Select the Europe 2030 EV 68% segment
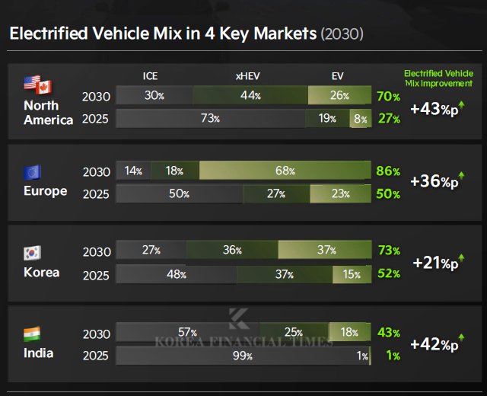pos(285,171)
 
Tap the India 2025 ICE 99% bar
pos(242,356)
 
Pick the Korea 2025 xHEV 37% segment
pos(283,273)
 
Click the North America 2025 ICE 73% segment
pos(210,119)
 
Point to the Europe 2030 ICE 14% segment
pos(133,171)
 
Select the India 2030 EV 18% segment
pos(349,332)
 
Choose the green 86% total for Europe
pos(387,171)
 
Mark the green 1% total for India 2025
pos(393,356)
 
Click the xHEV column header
pos(248,75)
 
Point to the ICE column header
pos(151,75)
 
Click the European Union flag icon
pos(33,171)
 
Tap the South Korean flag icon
pos(33,252)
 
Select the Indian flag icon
pos(33,334)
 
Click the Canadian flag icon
pos(43,87)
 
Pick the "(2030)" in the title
pos(342,34)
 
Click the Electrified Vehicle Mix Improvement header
pos(438,78)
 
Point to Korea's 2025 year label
pos(97,274)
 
